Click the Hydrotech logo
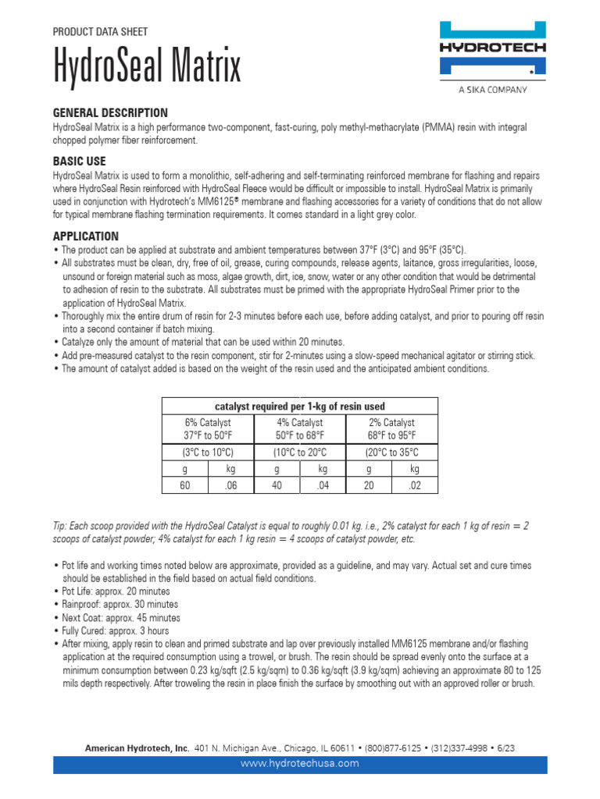coord(491,49)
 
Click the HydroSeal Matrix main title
coord(147,68)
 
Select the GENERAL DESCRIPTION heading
coord(110,112)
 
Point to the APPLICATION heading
coord(86,236)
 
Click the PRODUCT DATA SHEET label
coord(100,32)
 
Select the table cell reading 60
coord(185,485)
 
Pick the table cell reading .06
coord(230,485)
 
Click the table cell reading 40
coord(277,485)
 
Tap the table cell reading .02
coord(414,485)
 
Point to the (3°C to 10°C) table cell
coord(208,453)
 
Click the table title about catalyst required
coord(299,406)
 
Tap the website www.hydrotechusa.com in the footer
coord(300,763)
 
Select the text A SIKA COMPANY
coord(492,89)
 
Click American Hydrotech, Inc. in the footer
coord(137,748)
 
